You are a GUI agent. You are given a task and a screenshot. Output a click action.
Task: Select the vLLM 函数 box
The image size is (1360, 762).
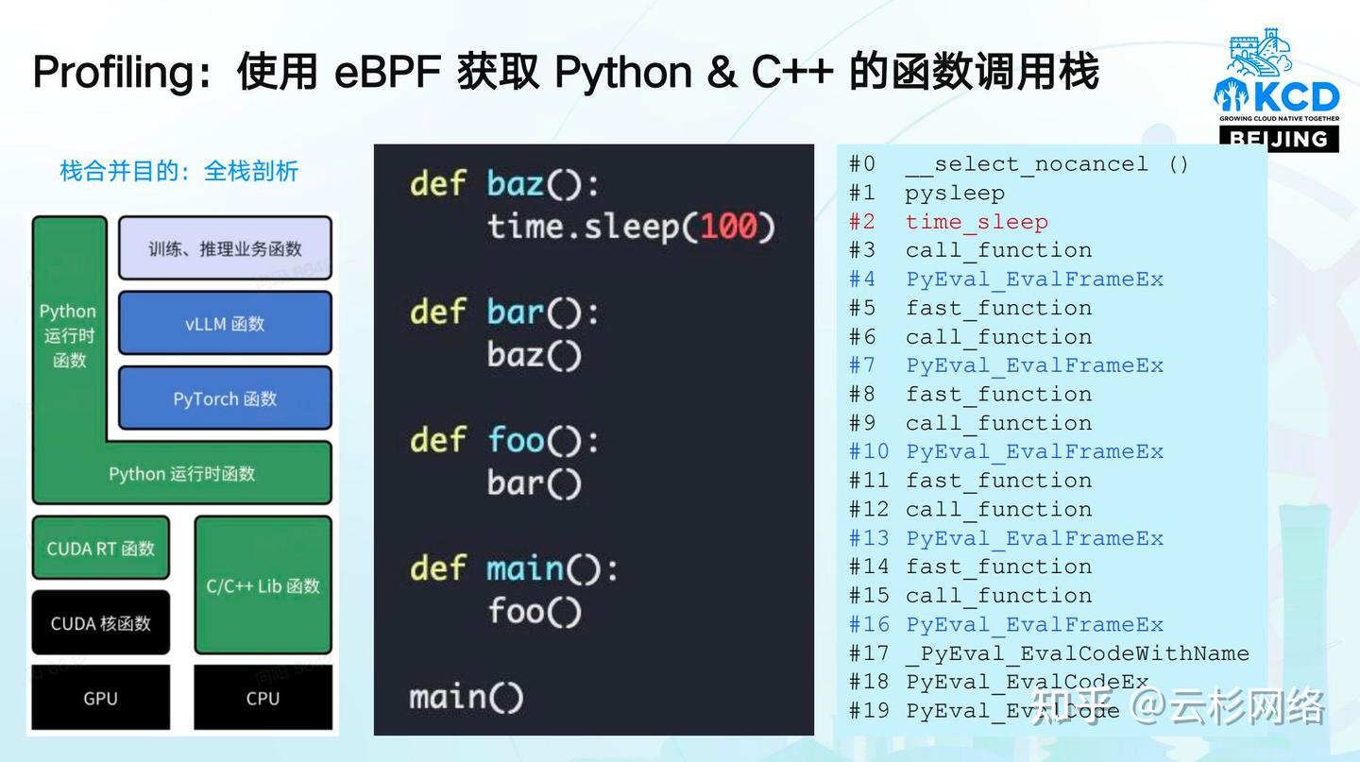(x=225, y=324)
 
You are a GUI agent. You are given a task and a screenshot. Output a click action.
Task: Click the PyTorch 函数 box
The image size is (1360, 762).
(x=225, y=398)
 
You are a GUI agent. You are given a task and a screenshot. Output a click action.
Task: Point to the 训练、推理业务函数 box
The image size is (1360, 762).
(x=225, y=248)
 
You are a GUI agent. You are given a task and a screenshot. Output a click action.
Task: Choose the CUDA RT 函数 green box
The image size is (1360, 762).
(x=101, y=548)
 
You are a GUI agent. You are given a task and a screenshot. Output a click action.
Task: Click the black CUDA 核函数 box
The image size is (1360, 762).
(x=101, y=623)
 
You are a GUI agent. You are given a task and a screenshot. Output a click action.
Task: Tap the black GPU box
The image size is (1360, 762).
(x=100, y=699)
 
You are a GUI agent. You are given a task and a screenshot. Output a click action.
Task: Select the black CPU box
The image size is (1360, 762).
(x=263, y=699)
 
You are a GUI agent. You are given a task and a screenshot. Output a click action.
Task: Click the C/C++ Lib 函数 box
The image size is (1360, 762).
(x=263, y=585)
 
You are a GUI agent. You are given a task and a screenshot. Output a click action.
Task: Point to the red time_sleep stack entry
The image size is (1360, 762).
(x=977, y=222)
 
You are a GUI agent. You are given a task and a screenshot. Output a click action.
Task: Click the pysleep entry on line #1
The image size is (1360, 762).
(x=954, y=194)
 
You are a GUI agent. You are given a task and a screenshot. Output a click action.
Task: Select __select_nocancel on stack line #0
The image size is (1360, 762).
(x=1027, y=164)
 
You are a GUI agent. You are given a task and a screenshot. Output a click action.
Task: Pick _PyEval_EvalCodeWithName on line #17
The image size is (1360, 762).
(x=1077, y=653)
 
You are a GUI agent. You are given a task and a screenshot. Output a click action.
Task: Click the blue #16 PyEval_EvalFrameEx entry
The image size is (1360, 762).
(x=1034, y=625)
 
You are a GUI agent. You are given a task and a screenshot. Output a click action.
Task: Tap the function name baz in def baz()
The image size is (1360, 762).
(x=516, y=183)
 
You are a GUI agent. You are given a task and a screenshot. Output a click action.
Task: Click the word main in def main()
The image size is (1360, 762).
(x=525, y=568)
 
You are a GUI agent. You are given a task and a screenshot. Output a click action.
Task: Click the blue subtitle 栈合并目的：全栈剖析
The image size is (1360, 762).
(x=178, y=171)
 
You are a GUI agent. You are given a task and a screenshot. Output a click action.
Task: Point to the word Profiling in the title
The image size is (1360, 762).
(x=113, y=73)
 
